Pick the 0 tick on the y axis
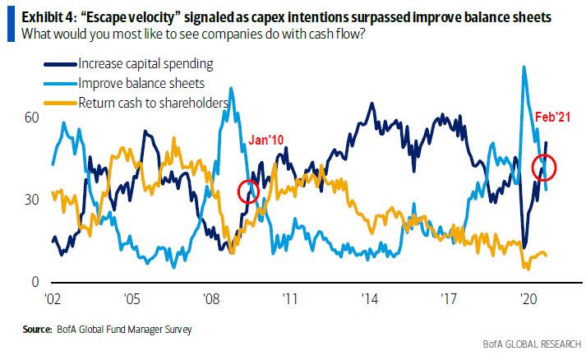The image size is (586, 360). tap(35, 283)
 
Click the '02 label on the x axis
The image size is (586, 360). tap(52, 298)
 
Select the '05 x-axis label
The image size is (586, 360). tap(132, 298)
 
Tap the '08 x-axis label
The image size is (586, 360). tap(210, 298)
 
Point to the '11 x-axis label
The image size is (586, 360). tap(289, 298)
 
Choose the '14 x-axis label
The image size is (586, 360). tap(368, 298)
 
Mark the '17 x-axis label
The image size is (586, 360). tap(447, 298)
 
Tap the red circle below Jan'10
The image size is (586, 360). tap(248, 191)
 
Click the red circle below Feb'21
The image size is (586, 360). tap(544, 167)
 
